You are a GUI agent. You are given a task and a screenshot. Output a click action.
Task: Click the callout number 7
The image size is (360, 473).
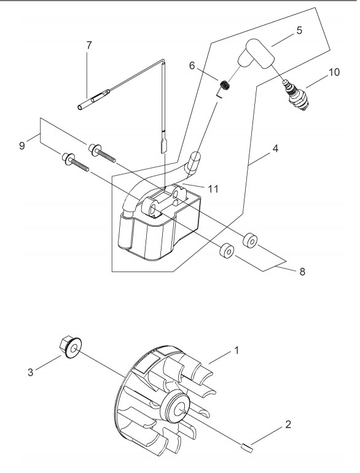click(x=88, y=45)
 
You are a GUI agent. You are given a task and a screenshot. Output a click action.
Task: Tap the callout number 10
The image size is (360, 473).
click(x=334, y=72)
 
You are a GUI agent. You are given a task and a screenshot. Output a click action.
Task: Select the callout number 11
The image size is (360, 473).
click(x=213, y=189)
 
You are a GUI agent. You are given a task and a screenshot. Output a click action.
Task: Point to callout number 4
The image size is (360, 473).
click(x=275, y=149)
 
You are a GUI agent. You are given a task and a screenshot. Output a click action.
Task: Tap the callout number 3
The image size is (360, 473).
click(x=30, y=372)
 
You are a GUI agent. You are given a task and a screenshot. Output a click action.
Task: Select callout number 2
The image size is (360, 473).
click(x=288, y=424)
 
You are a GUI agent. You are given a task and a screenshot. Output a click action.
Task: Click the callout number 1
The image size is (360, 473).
click(x=237, y=351)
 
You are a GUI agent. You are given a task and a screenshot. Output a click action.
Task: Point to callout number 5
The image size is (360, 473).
click(x=299, y=31)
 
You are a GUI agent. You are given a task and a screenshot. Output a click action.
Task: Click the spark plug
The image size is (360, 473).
click(x=297, y=95)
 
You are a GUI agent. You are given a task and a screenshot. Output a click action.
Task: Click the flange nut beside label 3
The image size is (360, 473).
click(x=71, y=347)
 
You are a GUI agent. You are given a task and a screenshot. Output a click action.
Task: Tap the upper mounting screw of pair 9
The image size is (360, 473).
click(x=102, y=153)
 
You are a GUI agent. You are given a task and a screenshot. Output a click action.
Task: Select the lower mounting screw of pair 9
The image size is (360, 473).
click(x=76, y=162)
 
